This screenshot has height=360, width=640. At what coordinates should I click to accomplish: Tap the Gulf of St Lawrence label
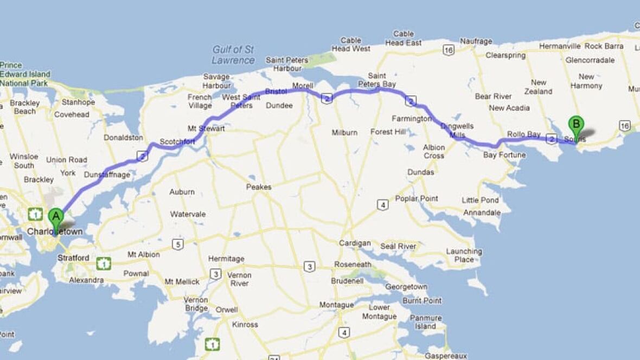(x=233, y=55)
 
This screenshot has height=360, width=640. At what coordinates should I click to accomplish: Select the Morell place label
(x=303, y=86)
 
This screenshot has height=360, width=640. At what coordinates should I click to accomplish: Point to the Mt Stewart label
(x=206, y=128)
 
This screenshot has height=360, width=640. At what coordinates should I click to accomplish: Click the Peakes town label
(x=258, y=187)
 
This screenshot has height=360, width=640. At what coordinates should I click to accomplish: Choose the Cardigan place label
(x=355, y=243)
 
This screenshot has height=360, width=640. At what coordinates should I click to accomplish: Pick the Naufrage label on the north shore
(x=476, y=41)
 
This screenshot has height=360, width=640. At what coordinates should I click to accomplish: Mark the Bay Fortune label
(x=504, y=155)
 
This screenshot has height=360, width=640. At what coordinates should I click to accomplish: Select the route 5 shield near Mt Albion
(x=177, y=244)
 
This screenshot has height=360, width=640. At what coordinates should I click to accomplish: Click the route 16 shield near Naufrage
(x=448, y=50)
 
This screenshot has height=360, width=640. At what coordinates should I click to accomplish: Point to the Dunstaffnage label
(x=107, y=175)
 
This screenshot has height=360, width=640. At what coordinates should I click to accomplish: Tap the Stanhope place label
(x=78, y=102)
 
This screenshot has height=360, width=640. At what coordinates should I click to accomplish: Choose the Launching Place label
(x=464, y=255)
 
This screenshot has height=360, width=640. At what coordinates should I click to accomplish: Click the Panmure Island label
(x=425, y=322)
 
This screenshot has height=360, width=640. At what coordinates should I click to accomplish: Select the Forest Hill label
(x=388, y=132)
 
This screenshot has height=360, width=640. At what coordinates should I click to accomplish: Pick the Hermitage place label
(x=226, y=259)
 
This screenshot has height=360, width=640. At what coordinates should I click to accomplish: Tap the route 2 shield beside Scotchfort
(x=143, y=156)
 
